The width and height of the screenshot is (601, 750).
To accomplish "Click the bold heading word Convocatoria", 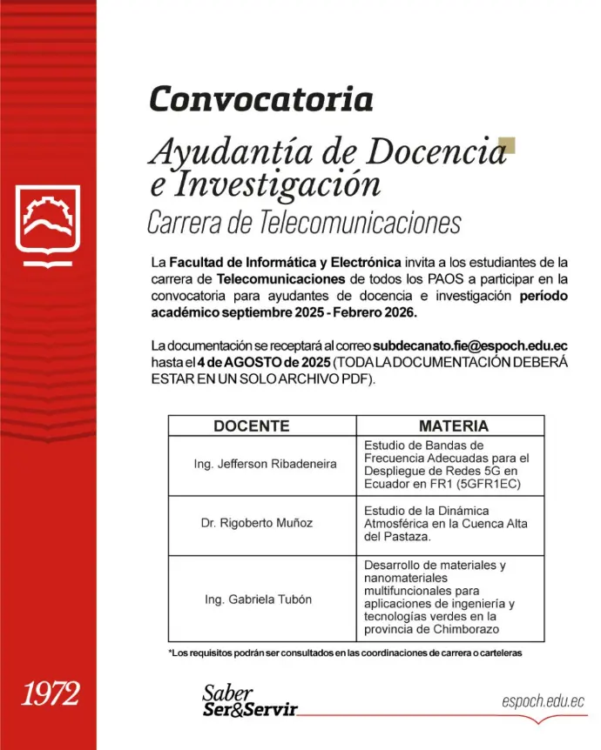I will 260,99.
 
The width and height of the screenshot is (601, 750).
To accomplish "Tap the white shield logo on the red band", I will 48,226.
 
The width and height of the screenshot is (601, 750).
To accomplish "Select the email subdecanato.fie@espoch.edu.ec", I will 470,347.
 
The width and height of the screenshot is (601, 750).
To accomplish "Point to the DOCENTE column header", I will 251,425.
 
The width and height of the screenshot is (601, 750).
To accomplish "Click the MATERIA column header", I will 453,425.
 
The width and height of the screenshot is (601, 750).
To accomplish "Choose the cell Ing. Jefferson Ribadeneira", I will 265,465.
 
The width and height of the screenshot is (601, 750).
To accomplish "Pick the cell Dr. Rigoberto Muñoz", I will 256,524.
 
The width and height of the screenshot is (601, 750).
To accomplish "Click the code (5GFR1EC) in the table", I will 489,484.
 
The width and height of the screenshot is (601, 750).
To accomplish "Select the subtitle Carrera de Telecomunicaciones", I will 303,224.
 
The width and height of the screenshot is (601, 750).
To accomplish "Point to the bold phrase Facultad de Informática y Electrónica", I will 286,261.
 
